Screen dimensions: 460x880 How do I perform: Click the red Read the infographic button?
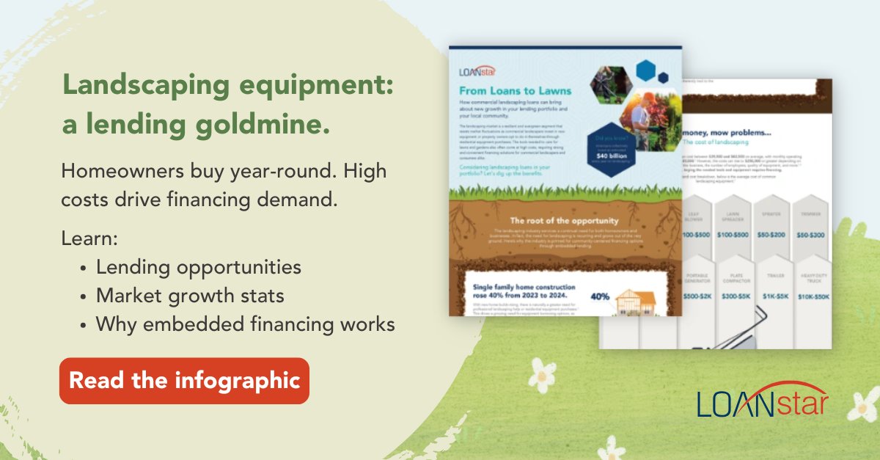click(184, 381)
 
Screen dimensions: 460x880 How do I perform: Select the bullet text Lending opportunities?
click(198, 267)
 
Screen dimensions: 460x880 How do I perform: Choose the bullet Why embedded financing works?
click(245, 324)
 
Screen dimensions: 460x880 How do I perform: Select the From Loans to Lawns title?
click(515, 92)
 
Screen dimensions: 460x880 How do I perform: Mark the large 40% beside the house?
click(600, 297)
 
